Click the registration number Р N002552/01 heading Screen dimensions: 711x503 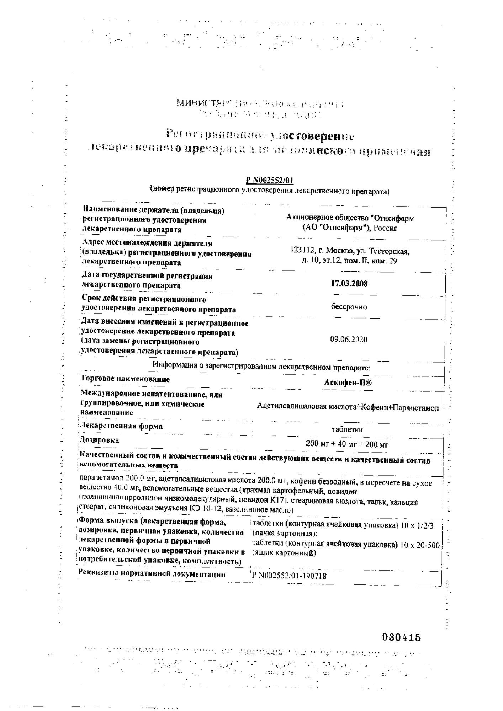[270, 181]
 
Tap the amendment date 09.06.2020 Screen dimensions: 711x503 [349, 339]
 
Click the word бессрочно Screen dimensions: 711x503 [349, 307]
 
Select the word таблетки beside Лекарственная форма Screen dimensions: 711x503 [347, 429]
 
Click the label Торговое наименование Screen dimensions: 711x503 [126, 379]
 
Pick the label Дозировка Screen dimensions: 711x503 [100, 440]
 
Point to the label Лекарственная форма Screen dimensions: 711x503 [122, 426]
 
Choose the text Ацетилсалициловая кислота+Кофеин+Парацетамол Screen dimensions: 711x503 [348, 408]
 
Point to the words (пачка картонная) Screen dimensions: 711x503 [285, 534]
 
